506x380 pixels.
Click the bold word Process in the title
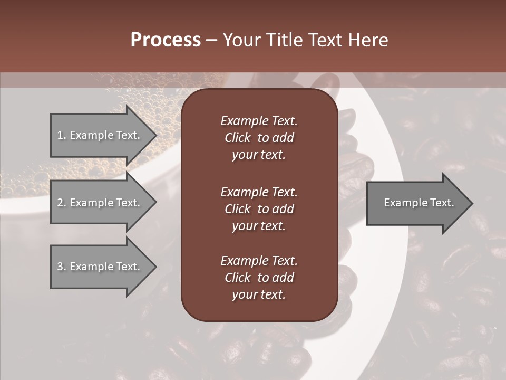point(166,40)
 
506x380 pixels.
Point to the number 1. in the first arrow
point(61,135)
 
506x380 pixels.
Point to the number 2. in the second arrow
point(61,203)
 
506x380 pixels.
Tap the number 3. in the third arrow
point(61,267)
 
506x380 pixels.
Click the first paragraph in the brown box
point(259,138)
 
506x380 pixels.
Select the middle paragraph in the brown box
point(259,209)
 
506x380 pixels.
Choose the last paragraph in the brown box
point(259,278)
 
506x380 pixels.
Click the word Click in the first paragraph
point(237,138)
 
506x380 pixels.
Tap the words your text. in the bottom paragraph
point(259,294)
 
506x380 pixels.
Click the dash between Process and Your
point(212,40)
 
